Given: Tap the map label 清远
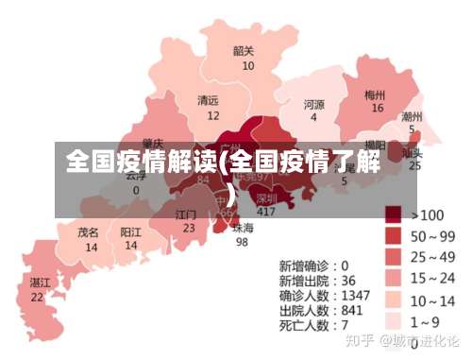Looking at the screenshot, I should coord(208,100).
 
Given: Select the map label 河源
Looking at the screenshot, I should coord(314,104).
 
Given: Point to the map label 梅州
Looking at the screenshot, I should coord(375,94).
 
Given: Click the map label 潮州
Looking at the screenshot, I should coord(412,117).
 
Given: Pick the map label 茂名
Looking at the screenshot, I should coord(89,231).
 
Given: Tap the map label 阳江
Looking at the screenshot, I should coord(131,231).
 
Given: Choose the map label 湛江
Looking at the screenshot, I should coord(39,282).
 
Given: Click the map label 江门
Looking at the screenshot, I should coord(187,214).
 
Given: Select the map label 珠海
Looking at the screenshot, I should coord(243,228).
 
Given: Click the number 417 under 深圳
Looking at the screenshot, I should coord(266,212).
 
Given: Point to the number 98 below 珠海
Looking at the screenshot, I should coord(242,241).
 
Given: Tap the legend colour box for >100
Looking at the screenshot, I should coord(394,214).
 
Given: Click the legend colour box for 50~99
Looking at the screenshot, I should coord(394,235).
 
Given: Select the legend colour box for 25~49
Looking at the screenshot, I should coord(394,256).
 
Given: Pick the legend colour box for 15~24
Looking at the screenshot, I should coord(394,278).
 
